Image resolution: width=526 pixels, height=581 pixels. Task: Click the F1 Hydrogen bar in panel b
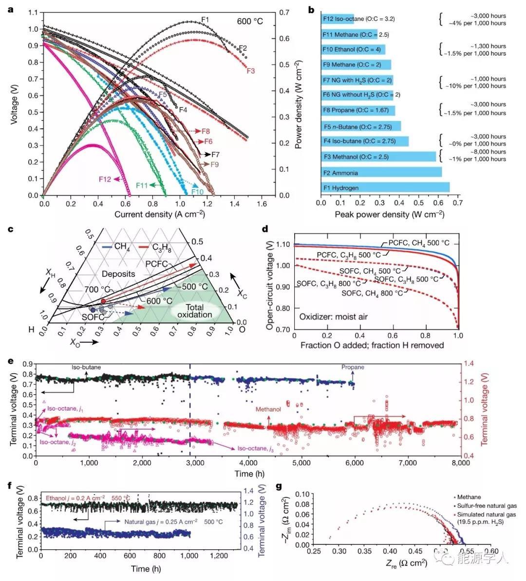(x=385, y=188)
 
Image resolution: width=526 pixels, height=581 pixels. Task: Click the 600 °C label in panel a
(x=251, y=21)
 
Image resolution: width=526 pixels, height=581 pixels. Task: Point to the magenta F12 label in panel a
(x=105, y=180)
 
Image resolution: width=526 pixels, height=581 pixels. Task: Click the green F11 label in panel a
(x=142, y=185)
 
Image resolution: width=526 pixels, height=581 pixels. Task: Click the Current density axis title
(x=160, y=214)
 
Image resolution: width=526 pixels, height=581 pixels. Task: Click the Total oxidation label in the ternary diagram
(x=194, y=311)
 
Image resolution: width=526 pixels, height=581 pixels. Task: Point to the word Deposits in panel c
(x=119, y=274)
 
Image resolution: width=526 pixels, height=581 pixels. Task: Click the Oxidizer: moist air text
(x=334, y=317)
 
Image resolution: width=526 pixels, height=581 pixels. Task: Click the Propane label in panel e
(x=352, y=367)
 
